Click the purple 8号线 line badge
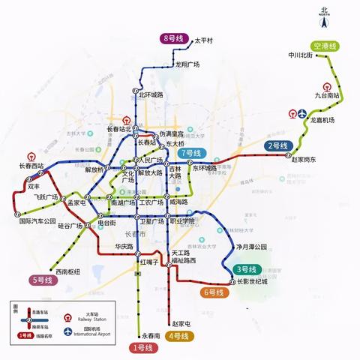(174, 38)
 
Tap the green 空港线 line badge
(325, 46)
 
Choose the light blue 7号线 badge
(193, 154)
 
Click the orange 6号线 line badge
(213, 292)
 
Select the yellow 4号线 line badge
(179, 336)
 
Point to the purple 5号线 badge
(42, 280)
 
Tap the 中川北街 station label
(300, 55)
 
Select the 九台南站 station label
(328, 96)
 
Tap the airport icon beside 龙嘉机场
(301, 115)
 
